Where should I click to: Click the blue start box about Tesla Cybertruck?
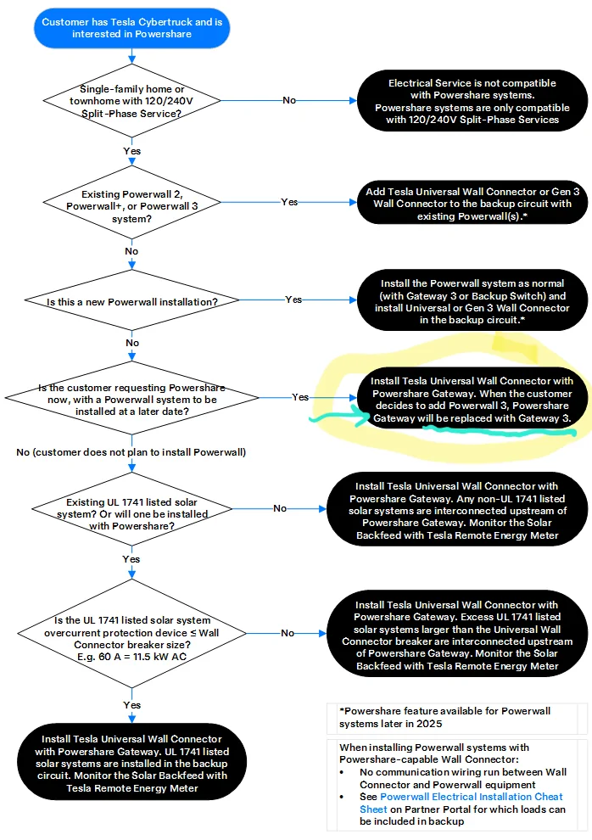point(132,28)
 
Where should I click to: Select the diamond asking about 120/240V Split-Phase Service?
point(131,101)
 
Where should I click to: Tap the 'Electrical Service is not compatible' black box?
point(472,101)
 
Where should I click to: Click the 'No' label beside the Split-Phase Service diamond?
point(289,100)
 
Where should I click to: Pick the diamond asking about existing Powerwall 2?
point(131,203)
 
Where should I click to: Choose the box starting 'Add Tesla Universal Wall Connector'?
point(472,204)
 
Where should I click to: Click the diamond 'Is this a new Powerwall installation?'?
point(131,300)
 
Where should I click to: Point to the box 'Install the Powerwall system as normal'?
point(472,300)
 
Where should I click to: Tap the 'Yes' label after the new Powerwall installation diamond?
point(293,300)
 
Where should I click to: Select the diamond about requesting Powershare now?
point(131,397)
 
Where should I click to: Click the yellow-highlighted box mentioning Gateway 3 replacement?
point(472,398)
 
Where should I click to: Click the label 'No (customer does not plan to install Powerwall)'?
point(131,452)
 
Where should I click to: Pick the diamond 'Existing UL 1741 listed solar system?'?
point(131,509)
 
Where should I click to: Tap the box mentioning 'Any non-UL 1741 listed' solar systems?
point(457,509)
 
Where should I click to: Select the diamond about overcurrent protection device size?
point(131,633)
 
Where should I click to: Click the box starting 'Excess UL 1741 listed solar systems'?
point(457,634)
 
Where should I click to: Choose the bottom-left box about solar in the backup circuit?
point(131,762)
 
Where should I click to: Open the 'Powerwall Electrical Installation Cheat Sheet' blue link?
point(461,803)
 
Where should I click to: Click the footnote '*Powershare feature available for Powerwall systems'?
point(444,717)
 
